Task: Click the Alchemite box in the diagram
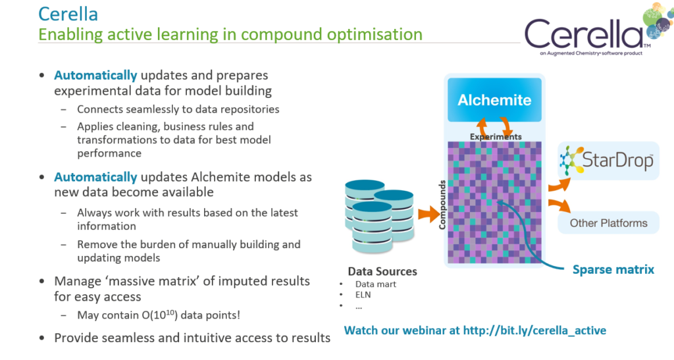[x=494, y=100]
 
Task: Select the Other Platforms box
[x=608, y=223]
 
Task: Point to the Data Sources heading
[x=382, y=271]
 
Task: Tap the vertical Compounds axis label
[x=442, y=205]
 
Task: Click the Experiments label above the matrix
[x=496, y=137]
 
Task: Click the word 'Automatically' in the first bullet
[x=95, y=75]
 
